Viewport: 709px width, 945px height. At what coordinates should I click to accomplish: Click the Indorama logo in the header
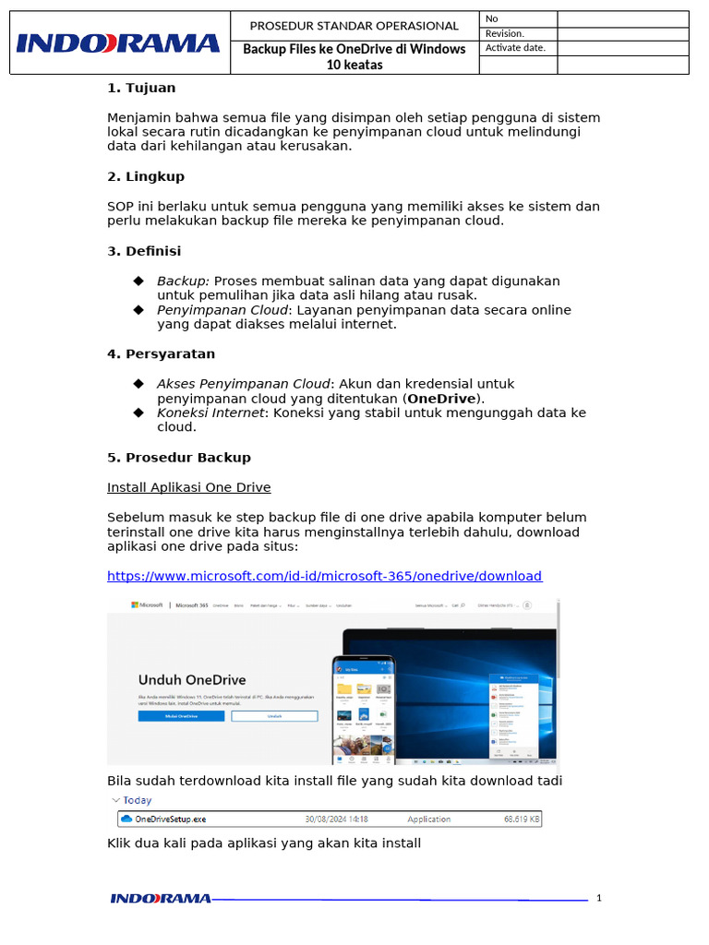click(118, 42)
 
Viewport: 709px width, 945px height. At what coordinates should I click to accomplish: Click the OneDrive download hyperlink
click(324, 576)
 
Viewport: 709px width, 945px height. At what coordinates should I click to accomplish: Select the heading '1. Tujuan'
click(140, 88)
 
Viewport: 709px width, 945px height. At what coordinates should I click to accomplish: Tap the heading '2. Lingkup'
click(146, 176)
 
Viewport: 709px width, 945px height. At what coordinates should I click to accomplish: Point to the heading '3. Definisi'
click(144, 251)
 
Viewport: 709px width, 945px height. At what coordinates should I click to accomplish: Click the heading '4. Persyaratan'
click(161, 353)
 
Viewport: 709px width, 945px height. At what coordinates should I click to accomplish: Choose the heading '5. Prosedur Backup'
click(179, 457)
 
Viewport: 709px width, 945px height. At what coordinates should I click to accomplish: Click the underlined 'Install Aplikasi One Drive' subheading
click(188, 487)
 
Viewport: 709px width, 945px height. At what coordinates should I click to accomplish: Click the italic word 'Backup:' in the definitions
click(183, 281)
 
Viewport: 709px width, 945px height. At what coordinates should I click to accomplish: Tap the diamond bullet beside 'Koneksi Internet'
click(138, 413)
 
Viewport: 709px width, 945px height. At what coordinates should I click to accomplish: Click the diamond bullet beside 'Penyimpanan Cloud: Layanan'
click(138, 310)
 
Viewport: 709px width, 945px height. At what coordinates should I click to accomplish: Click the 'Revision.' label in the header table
click(505, 34)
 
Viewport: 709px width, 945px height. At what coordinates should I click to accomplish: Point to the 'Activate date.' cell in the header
click(515, 48)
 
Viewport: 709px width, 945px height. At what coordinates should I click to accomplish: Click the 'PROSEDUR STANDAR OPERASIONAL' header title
click(354, 26)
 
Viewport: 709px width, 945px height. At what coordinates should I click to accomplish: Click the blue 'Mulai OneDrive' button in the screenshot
click(181, 715)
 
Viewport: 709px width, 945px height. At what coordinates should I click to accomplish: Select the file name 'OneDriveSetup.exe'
click(170, 819)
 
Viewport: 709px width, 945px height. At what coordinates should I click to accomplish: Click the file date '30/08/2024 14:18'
click(336, 819)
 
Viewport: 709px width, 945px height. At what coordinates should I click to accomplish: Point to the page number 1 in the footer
click(599, 898)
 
